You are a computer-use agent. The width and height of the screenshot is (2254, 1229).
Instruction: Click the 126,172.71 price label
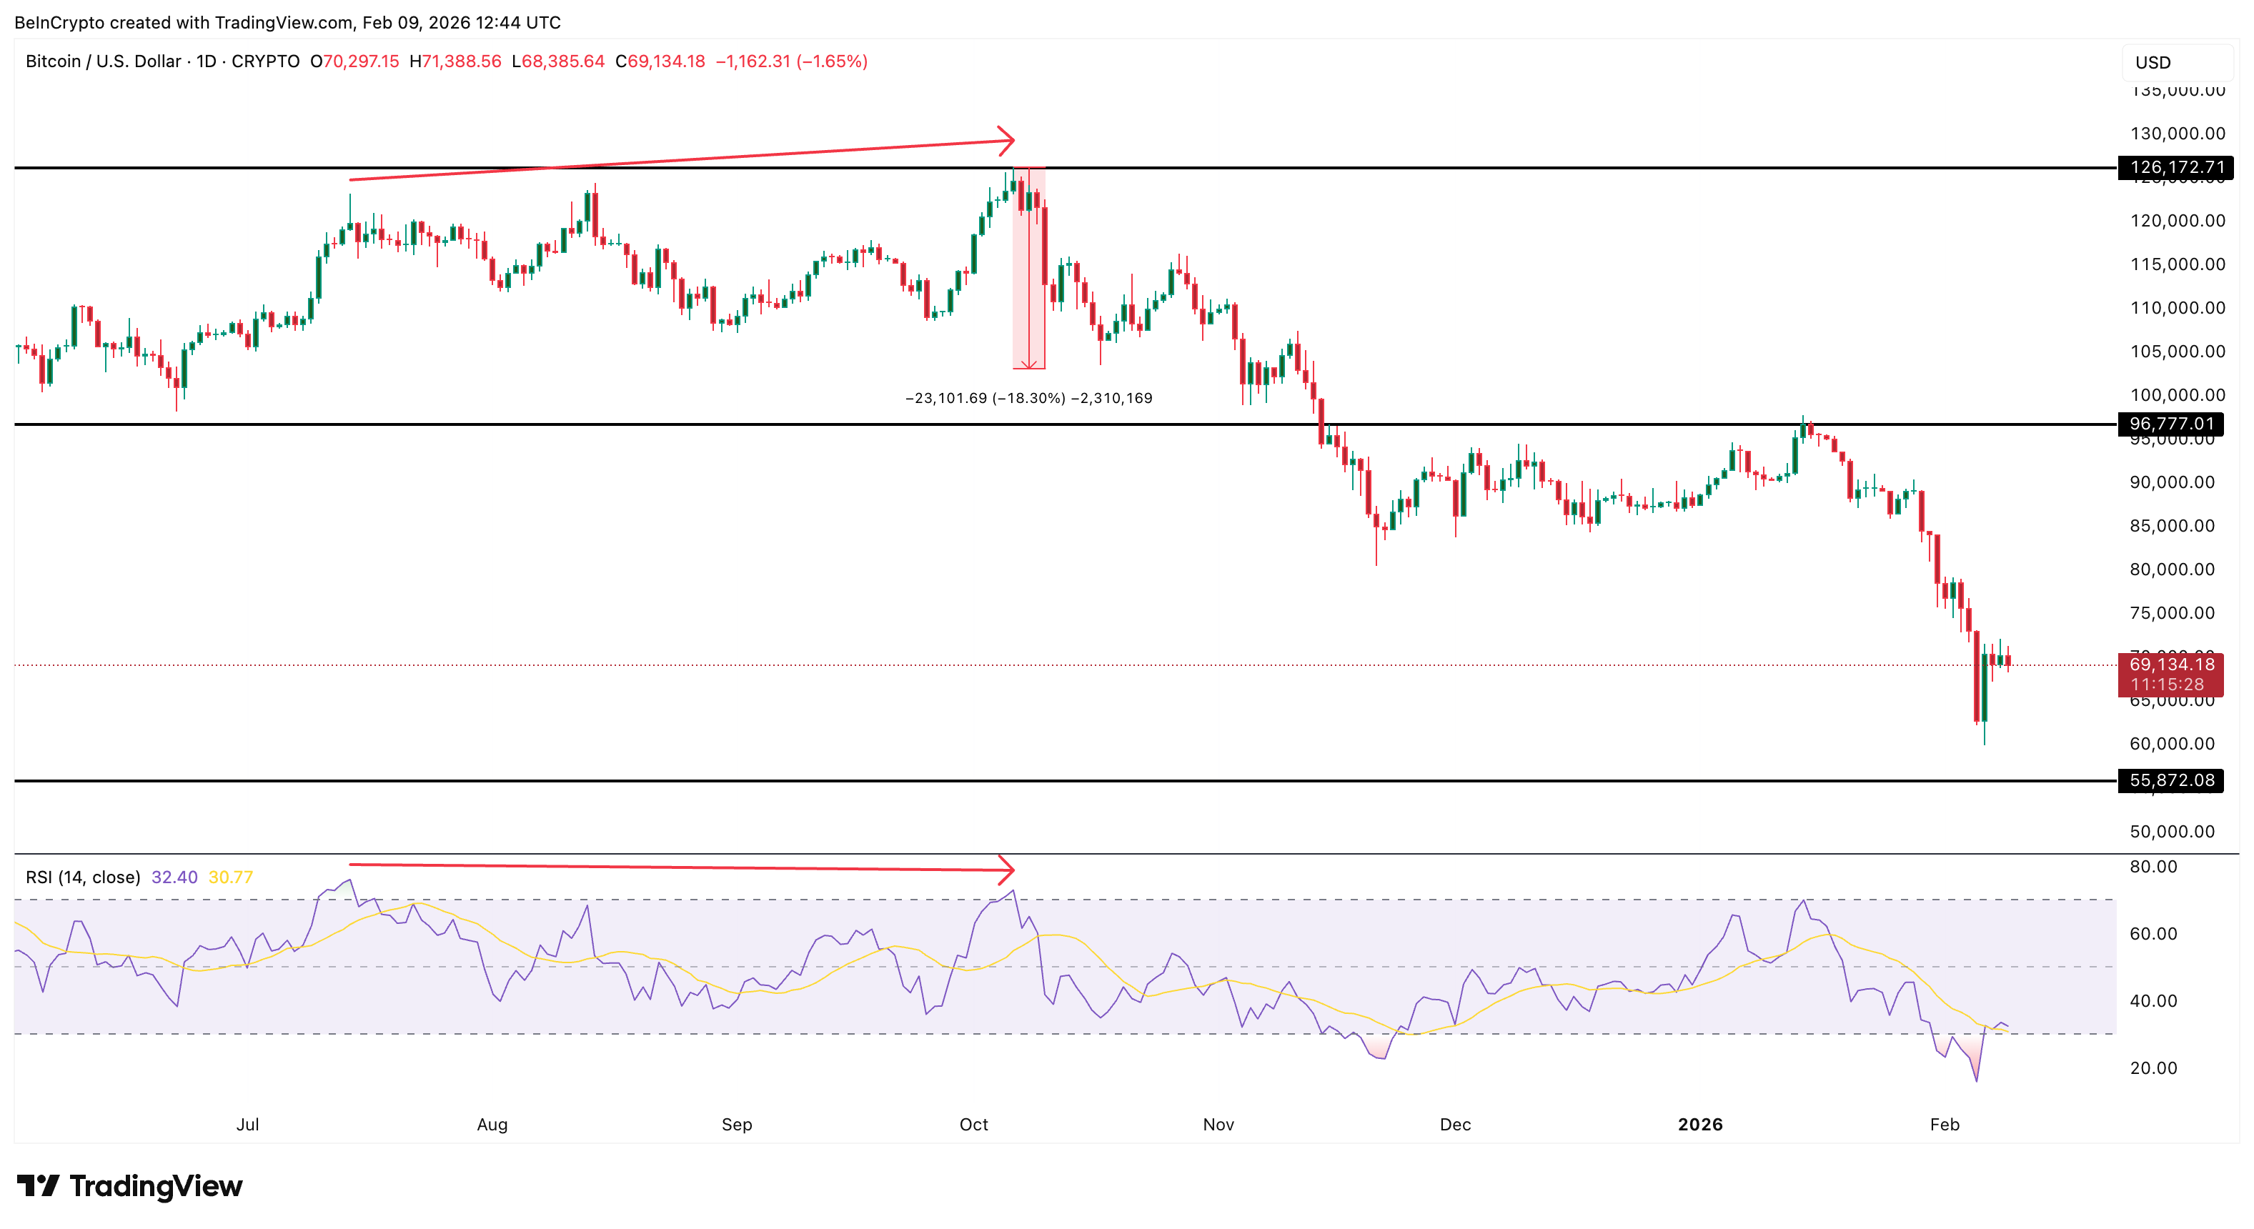[x=2175, y=167]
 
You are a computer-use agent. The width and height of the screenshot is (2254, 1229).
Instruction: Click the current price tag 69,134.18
[x=2171, y=665]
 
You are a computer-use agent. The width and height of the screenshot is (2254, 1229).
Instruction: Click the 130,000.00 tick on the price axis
[x=2177, y=134]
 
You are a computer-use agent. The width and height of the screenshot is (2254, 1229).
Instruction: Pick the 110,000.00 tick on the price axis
[x=2177, y=308]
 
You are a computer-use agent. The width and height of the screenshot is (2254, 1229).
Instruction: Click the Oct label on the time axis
[x=973, y=1124]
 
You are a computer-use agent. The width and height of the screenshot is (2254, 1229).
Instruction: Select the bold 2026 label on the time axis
[x=1699, y=1124]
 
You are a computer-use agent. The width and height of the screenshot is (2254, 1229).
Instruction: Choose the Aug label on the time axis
[x=492, y=1124]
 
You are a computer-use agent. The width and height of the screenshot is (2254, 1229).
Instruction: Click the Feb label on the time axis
[x=1945, y=1124]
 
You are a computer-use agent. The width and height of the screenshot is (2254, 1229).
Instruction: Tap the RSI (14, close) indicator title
[x=83, y=877]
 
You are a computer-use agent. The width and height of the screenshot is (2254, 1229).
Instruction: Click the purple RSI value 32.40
[x=174, y=877]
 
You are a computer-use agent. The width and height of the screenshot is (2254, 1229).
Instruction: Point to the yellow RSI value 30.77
[x=231, y=877]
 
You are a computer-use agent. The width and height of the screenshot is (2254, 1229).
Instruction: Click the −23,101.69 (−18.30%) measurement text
[x=984, y=398]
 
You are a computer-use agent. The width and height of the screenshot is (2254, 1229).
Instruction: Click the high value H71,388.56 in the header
[x=455, y=61]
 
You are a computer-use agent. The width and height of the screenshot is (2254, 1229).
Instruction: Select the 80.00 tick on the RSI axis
[x=2153, y=867]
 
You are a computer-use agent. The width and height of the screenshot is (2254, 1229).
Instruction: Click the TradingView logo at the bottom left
[x=129, y=1186]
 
